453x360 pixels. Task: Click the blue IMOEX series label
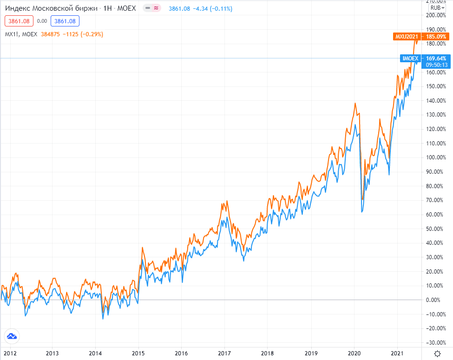410,58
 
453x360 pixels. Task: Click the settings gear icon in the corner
437,353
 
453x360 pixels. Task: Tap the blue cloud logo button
12,336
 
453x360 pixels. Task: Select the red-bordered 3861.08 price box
18,21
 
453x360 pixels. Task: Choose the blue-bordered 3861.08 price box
65,21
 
